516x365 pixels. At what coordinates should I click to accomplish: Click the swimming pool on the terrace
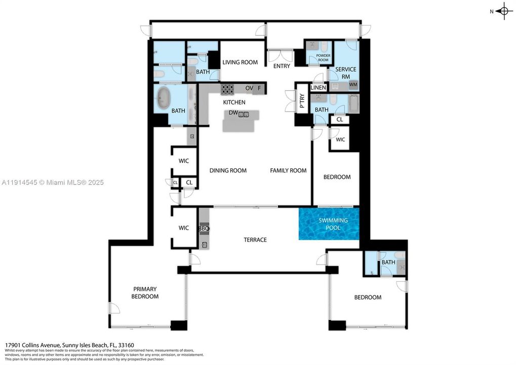pos(329,224)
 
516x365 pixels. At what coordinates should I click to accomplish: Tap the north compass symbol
pos(503,11)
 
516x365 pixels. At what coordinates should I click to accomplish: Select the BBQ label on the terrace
pos(204,229)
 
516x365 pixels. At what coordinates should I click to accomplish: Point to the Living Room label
pos(240,62)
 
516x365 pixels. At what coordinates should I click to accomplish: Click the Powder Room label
pos(323,58)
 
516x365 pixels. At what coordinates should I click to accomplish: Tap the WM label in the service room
pos(353,84)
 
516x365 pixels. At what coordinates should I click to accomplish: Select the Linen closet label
pos(319,88)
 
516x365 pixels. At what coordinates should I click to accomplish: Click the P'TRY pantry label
pos(302,101)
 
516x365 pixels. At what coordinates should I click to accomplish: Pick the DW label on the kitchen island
pos(233,113)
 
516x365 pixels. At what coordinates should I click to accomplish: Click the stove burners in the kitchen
pos(227,89)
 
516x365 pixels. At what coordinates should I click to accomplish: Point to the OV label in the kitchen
pos(249,88)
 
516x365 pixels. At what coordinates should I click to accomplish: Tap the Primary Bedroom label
pos(145,293)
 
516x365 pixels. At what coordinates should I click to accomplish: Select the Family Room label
pos(288,170)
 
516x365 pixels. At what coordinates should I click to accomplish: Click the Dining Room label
pos(228,170)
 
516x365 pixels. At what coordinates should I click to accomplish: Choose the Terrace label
pos(255,240)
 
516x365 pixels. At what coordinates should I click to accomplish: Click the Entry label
pos(281,66)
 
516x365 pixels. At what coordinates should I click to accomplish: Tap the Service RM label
pos(346,73)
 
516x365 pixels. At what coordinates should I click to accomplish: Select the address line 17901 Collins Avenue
pos(69,344)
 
